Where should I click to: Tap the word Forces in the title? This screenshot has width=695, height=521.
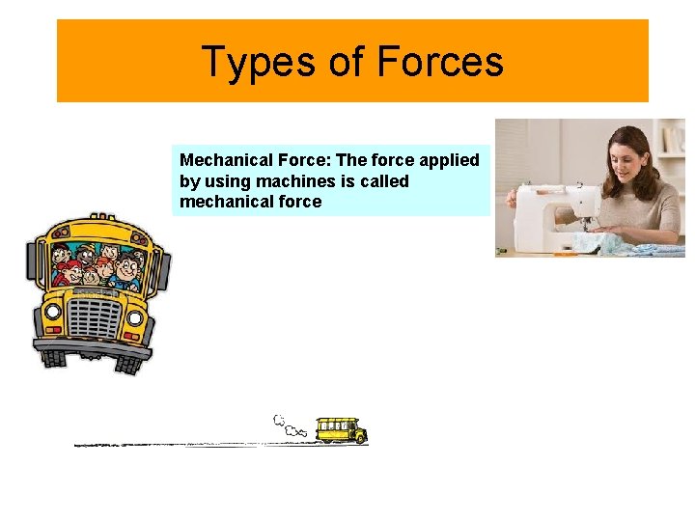coord(440,62)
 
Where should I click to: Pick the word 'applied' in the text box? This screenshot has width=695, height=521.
coord(448,160)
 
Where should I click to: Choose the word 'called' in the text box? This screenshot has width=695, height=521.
coord(383,181)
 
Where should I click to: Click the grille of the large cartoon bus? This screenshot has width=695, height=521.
coord(93,317)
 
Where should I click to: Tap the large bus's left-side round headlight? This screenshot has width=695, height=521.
coord(49,312)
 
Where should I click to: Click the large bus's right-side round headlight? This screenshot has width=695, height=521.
coord(135,317)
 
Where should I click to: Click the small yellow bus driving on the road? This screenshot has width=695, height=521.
coord(342,430)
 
